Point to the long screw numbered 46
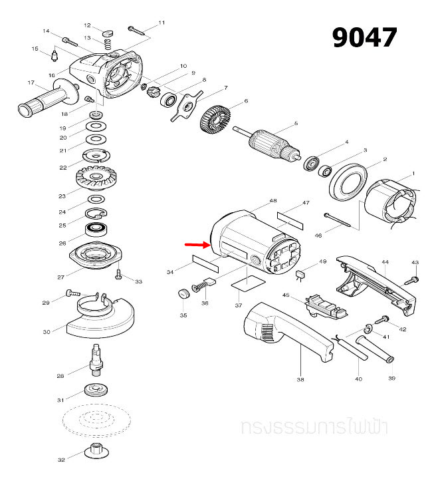click(x=342, y=220)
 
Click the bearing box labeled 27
click(x=98, y=256)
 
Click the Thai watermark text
click(x=316, y=426)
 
